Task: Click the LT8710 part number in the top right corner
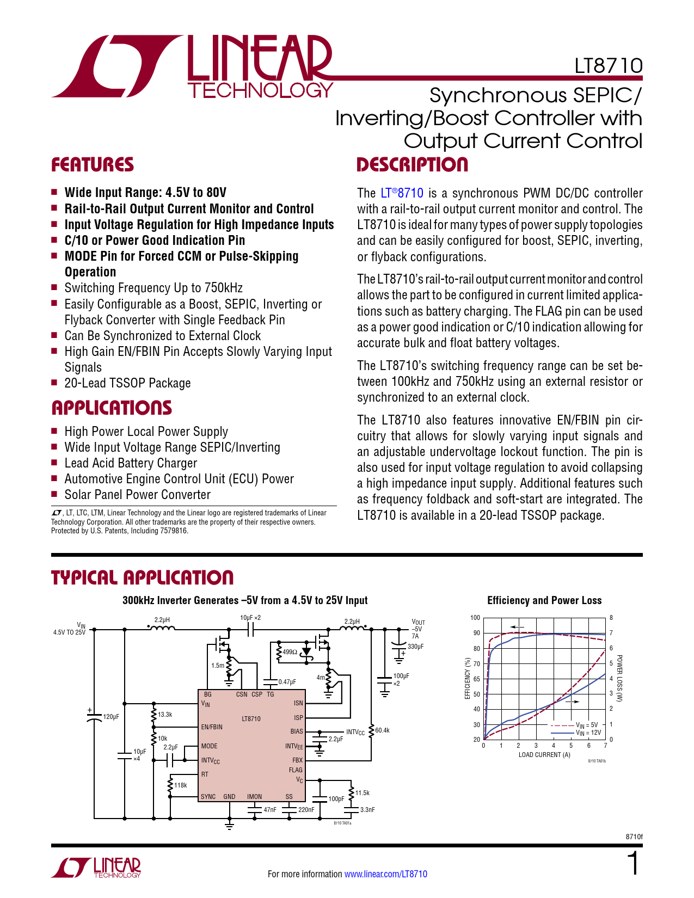[x=608, y=66]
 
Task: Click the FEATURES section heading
[x=92, y=165]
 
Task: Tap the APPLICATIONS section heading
[x=111, y=408]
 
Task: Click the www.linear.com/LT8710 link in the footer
[x=385, y=874]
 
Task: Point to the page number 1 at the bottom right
[x=632, y=864]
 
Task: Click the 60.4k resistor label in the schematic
[x=382, y=730]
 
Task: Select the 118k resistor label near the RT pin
[x=180, y=785]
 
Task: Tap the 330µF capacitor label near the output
[x=415, y=647]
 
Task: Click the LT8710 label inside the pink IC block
[x=251, y=719]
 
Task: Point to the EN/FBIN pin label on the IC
[x=212, y=727]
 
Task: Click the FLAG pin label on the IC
[x=296, y=770]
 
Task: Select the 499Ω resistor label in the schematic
[x=290, y=652]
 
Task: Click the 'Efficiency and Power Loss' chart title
[x=544, y=600]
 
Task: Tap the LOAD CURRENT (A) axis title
[x=544, y=755]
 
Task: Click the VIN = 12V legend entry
[x=588, y=733]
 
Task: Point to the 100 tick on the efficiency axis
[x=475, y=618]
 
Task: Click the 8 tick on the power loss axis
[x=611, y=618]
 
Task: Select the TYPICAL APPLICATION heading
[x=142, y=577]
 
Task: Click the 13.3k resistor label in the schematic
[x=165, y=715]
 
